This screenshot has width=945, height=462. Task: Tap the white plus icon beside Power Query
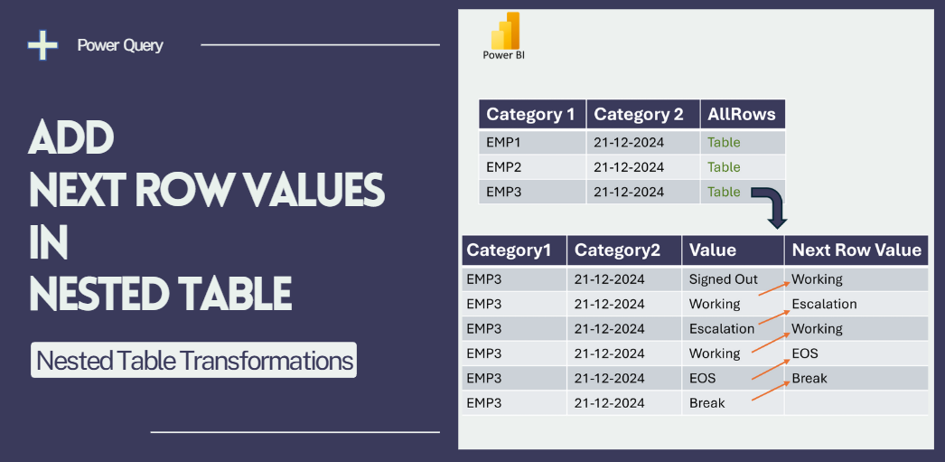[42, 44]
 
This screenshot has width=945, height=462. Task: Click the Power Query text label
[120, 45]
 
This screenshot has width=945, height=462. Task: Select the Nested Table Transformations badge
[193, 361]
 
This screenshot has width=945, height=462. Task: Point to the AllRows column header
[742, 114]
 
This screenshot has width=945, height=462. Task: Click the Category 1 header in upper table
[530, 114]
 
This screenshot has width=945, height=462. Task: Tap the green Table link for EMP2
[724, 167]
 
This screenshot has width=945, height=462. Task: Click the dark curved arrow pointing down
[770, 207]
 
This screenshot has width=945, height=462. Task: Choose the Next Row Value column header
[856, 250]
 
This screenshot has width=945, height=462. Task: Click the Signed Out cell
[724, 279]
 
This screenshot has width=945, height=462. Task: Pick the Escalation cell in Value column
[722, 329]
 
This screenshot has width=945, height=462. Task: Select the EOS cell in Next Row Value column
[805, 354]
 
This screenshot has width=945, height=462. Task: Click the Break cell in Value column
[706, 403]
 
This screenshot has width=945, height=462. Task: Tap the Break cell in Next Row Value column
[809, 378]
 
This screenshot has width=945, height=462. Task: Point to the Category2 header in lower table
[617, 250]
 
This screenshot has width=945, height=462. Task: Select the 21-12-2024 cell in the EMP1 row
[629, 142]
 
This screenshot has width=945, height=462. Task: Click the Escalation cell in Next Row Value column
[824, 304]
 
